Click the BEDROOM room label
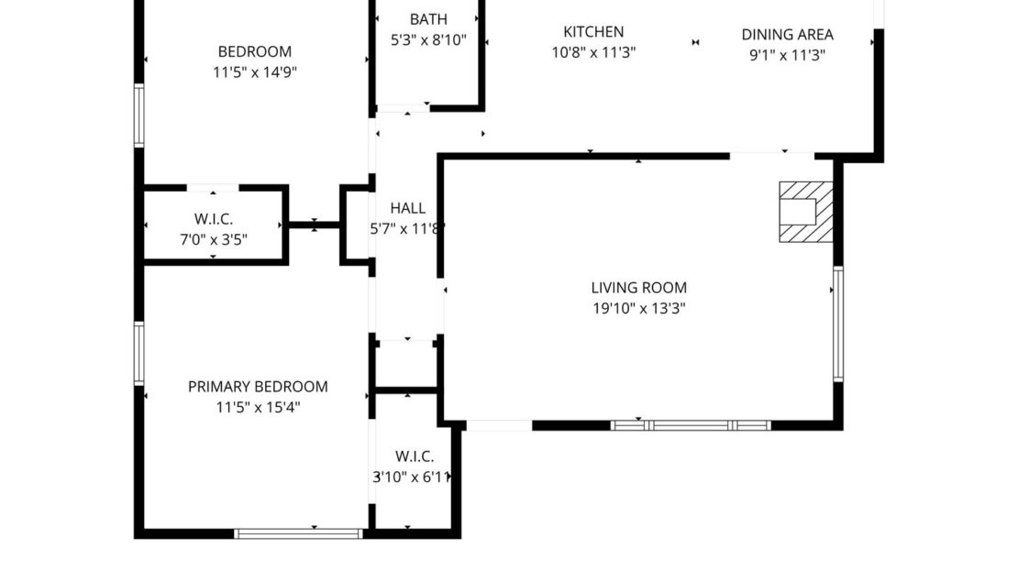(254, 51)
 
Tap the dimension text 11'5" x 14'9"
(254, 72)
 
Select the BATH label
(428, 18)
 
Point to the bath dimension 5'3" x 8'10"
(428, 39)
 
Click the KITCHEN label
(593, 31)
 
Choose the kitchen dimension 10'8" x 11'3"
(593, 52)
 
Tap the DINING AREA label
(787, 34)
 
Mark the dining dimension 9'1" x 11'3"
(787, 54)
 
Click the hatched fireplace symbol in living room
(806, 212)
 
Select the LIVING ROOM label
(638, 288)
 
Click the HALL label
(407, 208)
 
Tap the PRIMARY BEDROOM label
(258, 387)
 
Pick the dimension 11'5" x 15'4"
(258, 407)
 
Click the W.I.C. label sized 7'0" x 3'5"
(214, 219)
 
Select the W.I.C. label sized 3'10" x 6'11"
(415, 456)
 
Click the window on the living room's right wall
(837, 324)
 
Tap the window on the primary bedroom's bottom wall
(299, 533)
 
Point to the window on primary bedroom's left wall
(139, 353)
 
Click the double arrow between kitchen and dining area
(696, 42)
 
